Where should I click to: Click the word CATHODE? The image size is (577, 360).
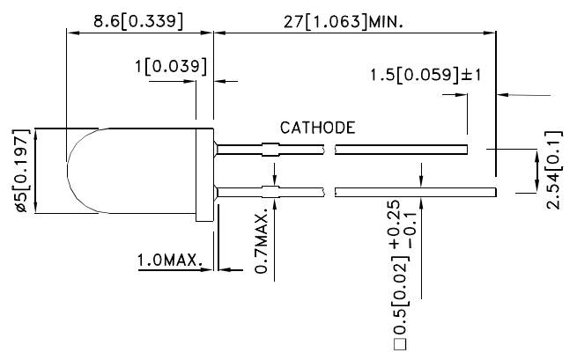[317, 128]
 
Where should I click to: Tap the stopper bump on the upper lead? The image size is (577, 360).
[272, 151]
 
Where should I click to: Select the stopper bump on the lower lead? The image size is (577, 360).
[272, 191]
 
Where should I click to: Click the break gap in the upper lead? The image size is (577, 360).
[330, 151]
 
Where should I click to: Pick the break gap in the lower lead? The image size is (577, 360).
[330, 191]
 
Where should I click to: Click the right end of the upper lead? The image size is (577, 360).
[463, 151]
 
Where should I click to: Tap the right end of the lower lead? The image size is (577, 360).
[494, 191]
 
